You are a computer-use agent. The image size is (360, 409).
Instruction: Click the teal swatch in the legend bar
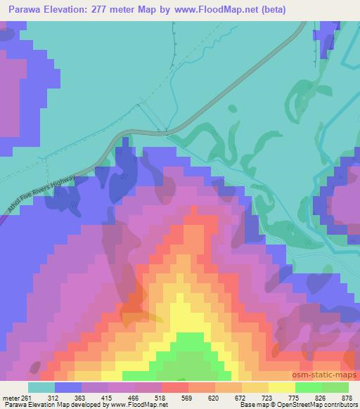pyautogui.click(x=41, y=387)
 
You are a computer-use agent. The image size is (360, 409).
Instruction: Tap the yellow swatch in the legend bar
pyautogui.click(x=281, y=387)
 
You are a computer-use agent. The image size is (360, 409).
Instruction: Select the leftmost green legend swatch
pyautogui.click(x=308, y=387)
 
